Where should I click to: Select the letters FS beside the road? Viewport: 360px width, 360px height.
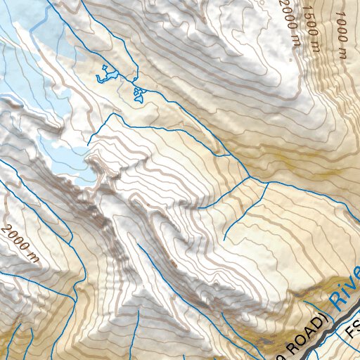[354, 329]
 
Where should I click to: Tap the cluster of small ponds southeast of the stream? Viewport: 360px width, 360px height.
[139, 94]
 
